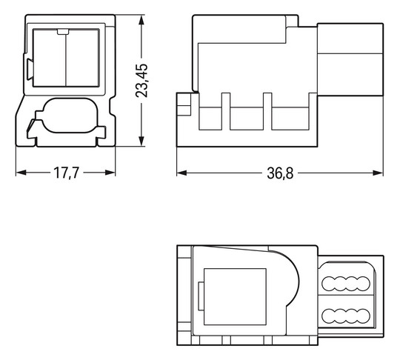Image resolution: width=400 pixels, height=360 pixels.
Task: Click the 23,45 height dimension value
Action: (x=141, y=80)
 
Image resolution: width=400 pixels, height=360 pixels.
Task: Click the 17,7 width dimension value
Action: (x=67, y=173)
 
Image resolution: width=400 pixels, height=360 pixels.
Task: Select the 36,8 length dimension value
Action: (x=280, y=173)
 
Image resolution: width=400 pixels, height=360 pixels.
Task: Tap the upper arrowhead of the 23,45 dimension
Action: (x=141, y=21)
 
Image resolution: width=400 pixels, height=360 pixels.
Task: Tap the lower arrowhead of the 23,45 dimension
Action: (x=141, y=141)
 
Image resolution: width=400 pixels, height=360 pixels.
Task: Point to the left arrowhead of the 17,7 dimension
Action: (x=21, y=173)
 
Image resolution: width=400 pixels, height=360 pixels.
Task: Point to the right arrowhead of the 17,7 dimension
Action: (x=110, y=173)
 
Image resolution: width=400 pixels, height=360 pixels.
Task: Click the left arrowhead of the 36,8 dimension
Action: (x=182, y=173)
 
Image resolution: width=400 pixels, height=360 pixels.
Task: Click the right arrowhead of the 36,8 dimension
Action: (x=378, y=173)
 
